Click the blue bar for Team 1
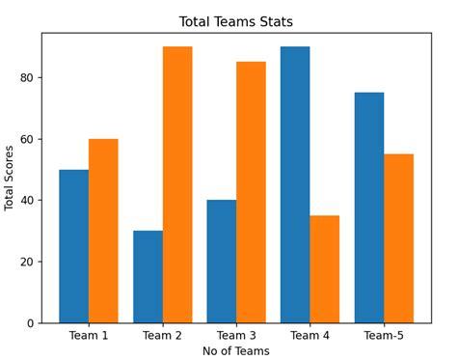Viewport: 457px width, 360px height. (73, 246)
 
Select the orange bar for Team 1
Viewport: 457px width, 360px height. (103, 231)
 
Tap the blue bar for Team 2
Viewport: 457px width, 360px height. (148, 276)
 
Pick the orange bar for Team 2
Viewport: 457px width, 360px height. (177, 184)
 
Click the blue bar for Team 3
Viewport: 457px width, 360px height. (221, 261)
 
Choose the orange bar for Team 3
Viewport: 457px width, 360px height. (251, 192)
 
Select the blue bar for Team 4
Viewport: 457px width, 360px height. (295, 184)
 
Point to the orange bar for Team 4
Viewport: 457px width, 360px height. (325, 268)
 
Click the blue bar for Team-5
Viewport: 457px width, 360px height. (369, 208)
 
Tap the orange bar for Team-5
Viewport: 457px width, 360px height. (398, 238)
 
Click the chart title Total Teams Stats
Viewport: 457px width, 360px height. (236, 21)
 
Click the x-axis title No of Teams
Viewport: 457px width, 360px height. (236, 351)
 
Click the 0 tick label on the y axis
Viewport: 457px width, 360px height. (32, 323)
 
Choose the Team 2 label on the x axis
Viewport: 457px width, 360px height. (162, 336)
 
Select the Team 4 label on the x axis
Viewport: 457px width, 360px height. (309, 336)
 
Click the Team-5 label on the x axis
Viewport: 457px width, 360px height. (384, 336)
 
